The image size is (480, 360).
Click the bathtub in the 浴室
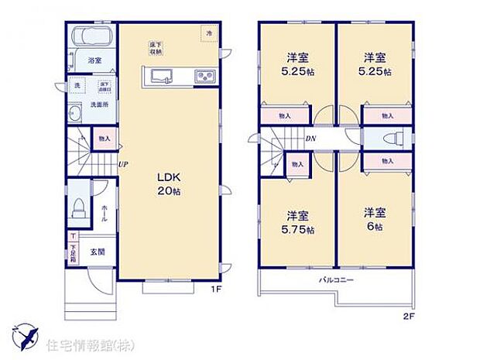click(x=92, y=37)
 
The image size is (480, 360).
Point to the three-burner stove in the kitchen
click(x=205, y=75)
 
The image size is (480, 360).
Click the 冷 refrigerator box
click(x=207, y=33)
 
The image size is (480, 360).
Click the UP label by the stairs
click(x=122, y=163)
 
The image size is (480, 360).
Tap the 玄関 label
click(x=95, y=251)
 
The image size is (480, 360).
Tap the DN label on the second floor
click(x=309, y=139)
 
